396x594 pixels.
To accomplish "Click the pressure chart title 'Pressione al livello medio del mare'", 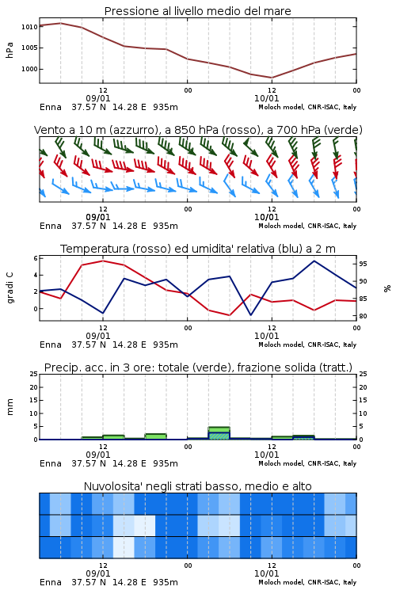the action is click(197, 11).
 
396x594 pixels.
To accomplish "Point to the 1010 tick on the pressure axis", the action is click(29, 27).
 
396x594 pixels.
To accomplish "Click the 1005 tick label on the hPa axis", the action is click(29, 48).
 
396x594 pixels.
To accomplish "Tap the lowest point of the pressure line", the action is click(272, 78).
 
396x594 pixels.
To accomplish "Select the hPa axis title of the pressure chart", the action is click(10, 50).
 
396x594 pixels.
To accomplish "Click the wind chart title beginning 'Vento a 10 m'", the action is click(198, 130).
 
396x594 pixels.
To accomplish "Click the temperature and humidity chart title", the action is click(198, 249).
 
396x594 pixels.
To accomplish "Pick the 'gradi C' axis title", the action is click(10, 288).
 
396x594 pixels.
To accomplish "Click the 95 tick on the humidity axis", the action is click(363, 264).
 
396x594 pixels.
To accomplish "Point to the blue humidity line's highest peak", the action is click(314, 261).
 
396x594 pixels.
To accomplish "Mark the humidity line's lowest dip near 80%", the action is click(250, 314).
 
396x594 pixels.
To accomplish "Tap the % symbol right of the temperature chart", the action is click(387, 288).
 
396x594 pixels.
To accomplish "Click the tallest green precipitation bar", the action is click(219, 433).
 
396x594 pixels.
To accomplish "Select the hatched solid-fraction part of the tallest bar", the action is click(219, 436).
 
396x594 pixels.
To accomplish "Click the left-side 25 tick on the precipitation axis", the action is click(34, 374).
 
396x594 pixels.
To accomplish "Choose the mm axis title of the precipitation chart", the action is click(10, 407).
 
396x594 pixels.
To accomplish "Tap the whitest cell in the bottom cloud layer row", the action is click(124, 547).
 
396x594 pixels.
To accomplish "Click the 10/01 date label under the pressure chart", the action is click(266, 98).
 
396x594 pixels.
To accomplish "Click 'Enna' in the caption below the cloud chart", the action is click(51, 582).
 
